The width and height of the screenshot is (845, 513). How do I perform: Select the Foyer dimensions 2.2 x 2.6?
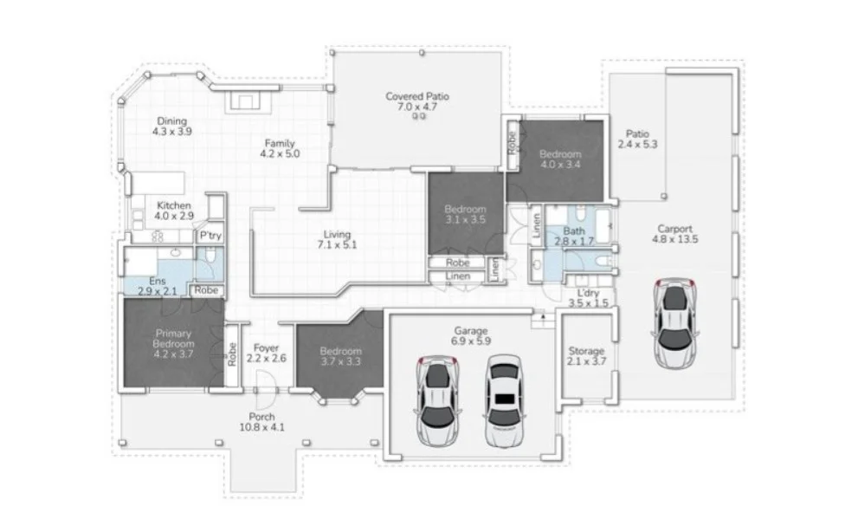point(265,358)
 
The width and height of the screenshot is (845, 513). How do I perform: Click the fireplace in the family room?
point(243,101)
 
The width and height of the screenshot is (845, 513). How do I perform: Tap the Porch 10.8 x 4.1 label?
point(266,421)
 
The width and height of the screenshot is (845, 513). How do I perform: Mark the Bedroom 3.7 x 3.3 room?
point(340,355)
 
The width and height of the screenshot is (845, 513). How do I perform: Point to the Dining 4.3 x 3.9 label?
point(171,127)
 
